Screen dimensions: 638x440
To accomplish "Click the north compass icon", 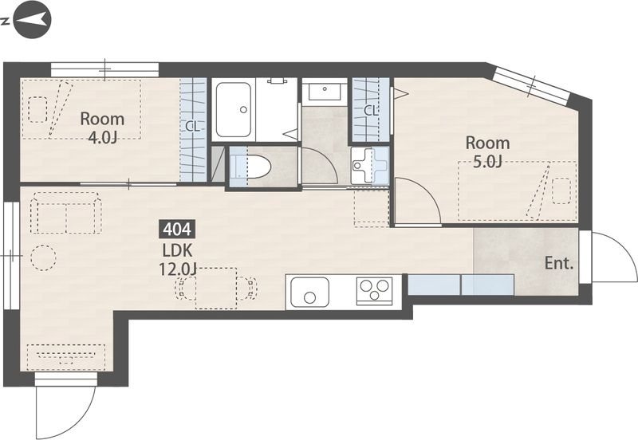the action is (32, 19).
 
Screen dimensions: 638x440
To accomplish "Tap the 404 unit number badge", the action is (177, 230).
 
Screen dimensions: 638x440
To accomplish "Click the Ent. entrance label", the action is (559, 264).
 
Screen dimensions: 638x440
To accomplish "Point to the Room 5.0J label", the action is (487, 152).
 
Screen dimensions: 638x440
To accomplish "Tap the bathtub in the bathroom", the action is (233, 110).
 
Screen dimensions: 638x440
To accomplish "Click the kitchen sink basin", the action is (309, 292).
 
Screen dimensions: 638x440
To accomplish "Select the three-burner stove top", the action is (374, 291).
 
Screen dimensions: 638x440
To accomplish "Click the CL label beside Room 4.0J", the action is (192, 127).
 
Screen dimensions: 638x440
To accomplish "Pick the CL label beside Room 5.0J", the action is (371, 111).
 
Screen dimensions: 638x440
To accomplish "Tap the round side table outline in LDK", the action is (43, 257).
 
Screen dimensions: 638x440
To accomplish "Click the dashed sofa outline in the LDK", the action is (67, 213).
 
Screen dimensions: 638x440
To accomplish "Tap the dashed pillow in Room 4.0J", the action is (37, 109).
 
